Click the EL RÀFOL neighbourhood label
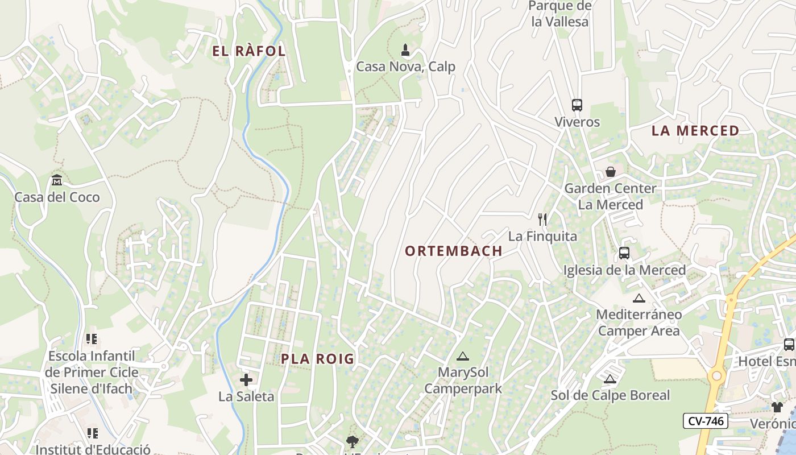click(248, 51)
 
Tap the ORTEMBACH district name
click(454, 251)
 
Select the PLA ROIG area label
click(318, 359)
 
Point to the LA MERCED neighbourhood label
click(695, 131)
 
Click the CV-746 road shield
click(705, 421)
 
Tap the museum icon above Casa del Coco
click(57, 181)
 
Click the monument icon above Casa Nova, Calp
click(405, 50)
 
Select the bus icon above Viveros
click(577, 105)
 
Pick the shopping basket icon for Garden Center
click(611, 171)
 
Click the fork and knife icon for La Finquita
click(542, 220)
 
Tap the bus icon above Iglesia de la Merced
click(624, 253)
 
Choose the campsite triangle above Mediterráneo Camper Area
click(639, 298)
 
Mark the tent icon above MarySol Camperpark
click(463, 357)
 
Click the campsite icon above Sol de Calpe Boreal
click(610, 379)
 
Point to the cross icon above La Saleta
click(246, 380)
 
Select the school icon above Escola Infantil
click(92, 340)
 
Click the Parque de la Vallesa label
click(560, 14)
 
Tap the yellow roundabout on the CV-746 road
click(716, 376)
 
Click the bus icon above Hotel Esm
click(789, 344)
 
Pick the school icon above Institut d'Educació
click(92, 433)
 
